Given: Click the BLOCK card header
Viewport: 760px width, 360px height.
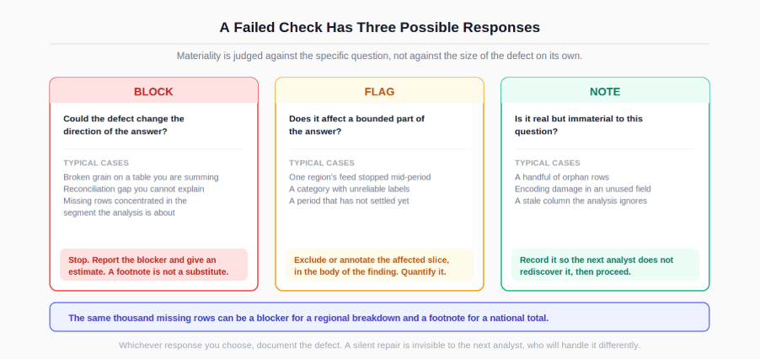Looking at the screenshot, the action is click(x=153, y=91).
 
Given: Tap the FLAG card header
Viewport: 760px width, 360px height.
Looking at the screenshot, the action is click(x=379, y=91).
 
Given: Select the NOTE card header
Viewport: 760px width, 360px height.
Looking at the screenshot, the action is click(x=605, y=91).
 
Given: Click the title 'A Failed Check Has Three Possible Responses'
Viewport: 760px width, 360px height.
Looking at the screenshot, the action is click(x=379, y=27).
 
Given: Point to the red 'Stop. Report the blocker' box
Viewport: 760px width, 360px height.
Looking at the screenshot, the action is click(x=153, y=265).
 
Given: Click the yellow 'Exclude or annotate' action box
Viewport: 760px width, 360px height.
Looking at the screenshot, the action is click(x=379, y=265).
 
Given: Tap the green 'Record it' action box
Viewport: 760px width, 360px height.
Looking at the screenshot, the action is click(x=605, y=265).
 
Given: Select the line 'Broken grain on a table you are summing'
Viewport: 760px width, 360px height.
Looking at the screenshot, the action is click(x=141, y=177).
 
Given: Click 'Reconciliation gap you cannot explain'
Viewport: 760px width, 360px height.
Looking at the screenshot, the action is click(x=134, y=189).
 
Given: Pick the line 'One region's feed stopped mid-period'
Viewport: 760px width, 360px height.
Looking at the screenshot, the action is click(x=360, y=177).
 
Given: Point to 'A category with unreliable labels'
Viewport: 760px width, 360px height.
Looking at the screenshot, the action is click(x=350, y=189).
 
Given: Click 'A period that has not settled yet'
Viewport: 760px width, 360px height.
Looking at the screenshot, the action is click(x=349, y=201).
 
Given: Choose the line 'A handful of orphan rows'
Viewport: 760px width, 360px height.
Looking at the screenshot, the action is click(x=562, y=177).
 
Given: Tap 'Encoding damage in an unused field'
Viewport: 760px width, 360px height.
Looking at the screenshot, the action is click(x=582, y=189).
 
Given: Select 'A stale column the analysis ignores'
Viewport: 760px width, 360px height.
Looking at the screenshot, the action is click(x=581, y=201).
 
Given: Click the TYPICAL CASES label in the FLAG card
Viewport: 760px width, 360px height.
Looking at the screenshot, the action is click(x=322, y=163).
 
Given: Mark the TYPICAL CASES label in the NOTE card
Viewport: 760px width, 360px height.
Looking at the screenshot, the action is click(x=547, y=163).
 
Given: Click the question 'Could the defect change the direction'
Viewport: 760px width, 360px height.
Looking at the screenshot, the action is click(x=124, y=125).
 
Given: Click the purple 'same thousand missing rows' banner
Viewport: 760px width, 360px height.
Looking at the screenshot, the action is click(x=379, y=317).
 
